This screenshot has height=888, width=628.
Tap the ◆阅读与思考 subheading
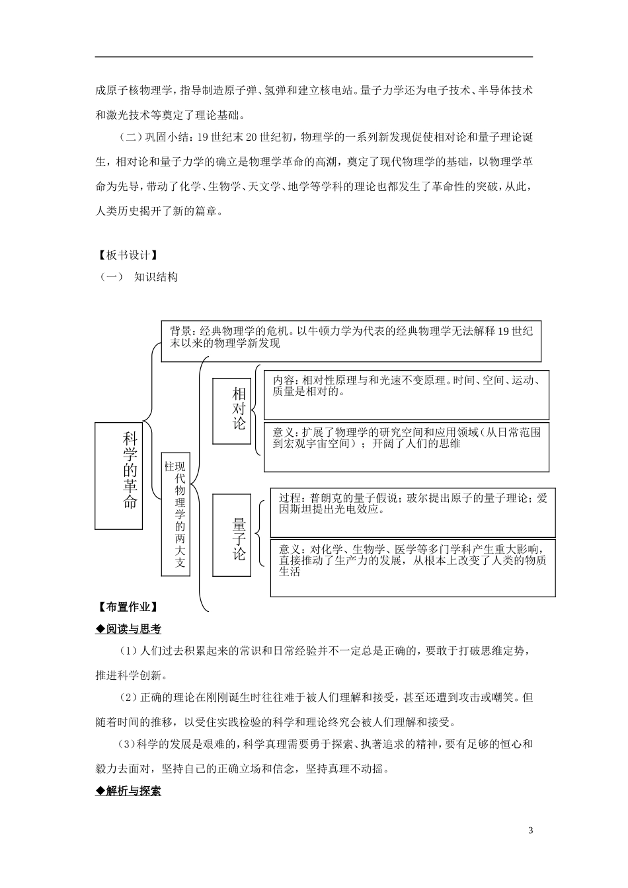pyautogui.click(x=128, y=629)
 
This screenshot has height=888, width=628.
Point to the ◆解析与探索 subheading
pyautogui.click(x=128, y=790)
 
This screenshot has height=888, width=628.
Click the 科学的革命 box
pyautogui.click(x=119, y=476)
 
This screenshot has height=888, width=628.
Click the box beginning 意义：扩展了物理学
pyautogui.click(x=406, y=446)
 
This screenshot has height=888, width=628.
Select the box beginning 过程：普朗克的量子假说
pyautogui.click(x=412, y=512)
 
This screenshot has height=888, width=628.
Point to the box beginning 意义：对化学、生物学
pyautogui.click(x=412, y=567)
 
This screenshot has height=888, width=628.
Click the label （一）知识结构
pyautogui.click(x=139, y=277)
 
